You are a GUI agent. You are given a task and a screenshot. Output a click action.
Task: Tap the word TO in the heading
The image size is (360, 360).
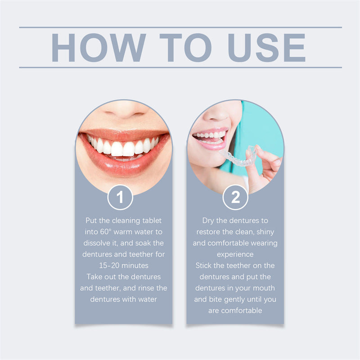tap(185, 47)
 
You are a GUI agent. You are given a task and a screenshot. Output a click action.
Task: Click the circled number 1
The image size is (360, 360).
tap(120, 197)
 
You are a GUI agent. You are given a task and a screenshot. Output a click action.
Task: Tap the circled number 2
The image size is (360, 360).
tap(235, 197)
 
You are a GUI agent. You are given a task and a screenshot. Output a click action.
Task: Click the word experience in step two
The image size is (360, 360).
tap(235, 254)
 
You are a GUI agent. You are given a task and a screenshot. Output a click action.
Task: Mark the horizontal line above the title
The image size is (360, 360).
tap(180, 27)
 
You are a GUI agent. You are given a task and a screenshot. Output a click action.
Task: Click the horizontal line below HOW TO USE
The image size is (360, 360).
tap(180, 67)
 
